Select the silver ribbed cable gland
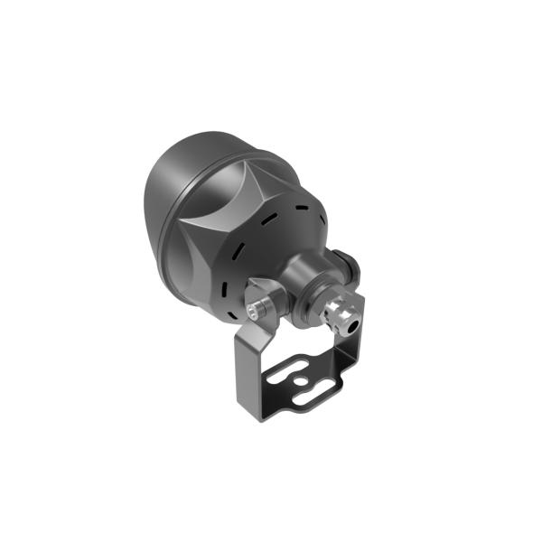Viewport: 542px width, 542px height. click(x=340, y=312)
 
